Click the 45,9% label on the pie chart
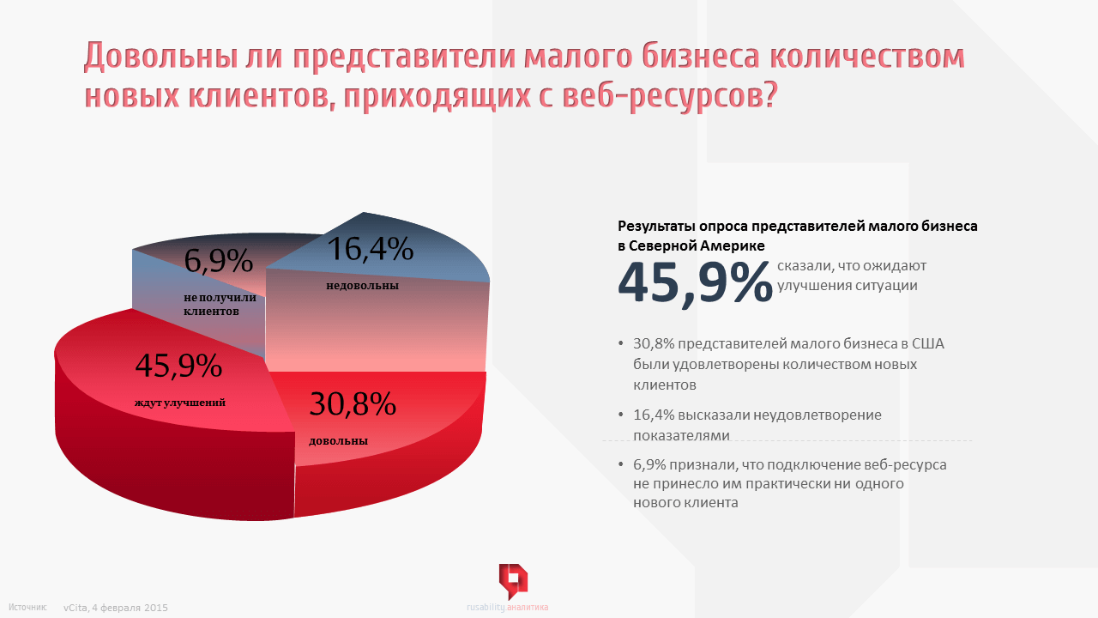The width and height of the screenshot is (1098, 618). (178, 367)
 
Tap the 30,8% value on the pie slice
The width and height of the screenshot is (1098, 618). (352, 403)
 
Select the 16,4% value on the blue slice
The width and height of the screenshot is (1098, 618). (371, 249)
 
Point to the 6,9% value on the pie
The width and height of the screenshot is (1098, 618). (219, 261)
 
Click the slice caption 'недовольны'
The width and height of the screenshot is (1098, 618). (362, 285)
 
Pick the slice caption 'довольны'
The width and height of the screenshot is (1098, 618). (338, 441)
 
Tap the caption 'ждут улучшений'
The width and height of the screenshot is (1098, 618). (180, 402)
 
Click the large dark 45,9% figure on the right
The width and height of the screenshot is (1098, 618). (695, 282)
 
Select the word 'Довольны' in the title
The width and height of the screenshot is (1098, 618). (182, 57)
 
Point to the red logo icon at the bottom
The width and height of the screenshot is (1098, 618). (513, 581)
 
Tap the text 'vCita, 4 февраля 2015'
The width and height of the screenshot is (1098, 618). (115, 608)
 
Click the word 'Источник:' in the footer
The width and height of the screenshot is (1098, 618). (33, 607)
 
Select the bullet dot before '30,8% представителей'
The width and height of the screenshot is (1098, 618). (621, 344)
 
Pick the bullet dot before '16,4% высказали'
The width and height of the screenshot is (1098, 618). (621, 415)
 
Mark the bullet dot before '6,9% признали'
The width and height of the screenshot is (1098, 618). (621, 464)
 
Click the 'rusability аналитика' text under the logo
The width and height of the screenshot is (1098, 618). (507, 608)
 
